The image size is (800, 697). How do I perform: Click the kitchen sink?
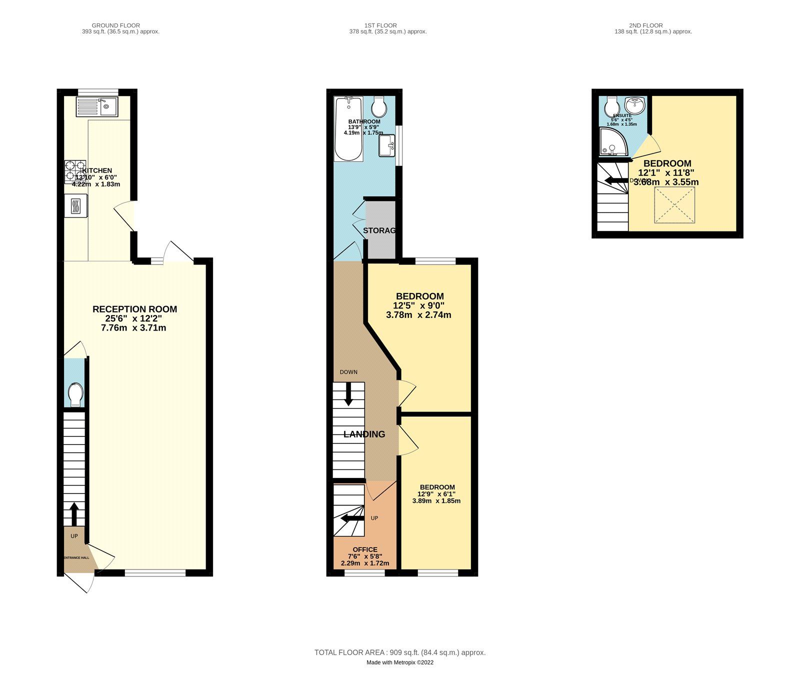[x=96, y=106]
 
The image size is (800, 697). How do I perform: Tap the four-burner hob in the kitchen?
[x=75, y=171]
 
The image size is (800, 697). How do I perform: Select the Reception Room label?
[x=134, y=309]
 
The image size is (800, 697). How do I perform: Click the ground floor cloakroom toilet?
[x=75, y=394]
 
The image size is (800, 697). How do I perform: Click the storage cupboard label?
[x=379, y=230]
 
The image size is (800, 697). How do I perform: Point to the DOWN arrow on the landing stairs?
[x=348, y=393]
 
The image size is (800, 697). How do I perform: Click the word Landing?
[x=364, y=434]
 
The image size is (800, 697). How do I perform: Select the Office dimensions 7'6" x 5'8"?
[x=365, y=556]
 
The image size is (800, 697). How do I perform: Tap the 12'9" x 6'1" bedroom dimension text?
[x=436, y=494]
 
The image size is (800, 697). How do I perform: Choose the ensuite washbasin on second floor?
[x=635, y=106]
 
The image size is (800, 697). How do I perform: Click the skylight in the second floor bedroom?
[x=674, y=205]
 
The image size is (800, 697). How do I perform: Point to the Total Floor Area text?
[x=399, y=652]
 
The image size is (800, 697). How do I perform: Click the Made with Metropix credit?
[x=399, y=662]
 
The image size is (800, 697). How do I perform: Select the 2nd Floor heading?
[x=645, y=25]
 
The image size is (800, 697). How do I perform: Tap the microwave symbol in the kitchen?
[x=75, y=206]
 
